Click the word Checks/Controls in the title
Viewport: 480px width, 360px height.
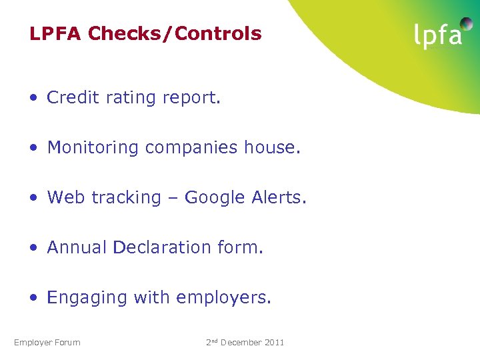point(175,34)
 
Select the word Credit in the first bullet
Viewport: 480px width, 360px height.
point(71,98)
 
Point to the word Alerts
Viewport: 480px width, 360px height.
point(282,197)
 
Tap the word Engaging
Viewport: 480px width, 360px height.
point(87,298)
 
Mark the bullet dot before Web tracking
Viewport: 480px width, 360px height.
point(33,198)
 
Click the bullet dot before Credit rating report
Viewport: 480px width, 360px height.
point(33,98)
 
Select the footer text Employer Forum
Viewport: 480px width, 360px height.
point(47,343)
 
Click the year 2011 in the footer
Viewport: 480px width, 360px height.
point(274,343)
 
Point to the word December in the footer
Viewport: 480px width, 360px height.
point(241,343)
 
